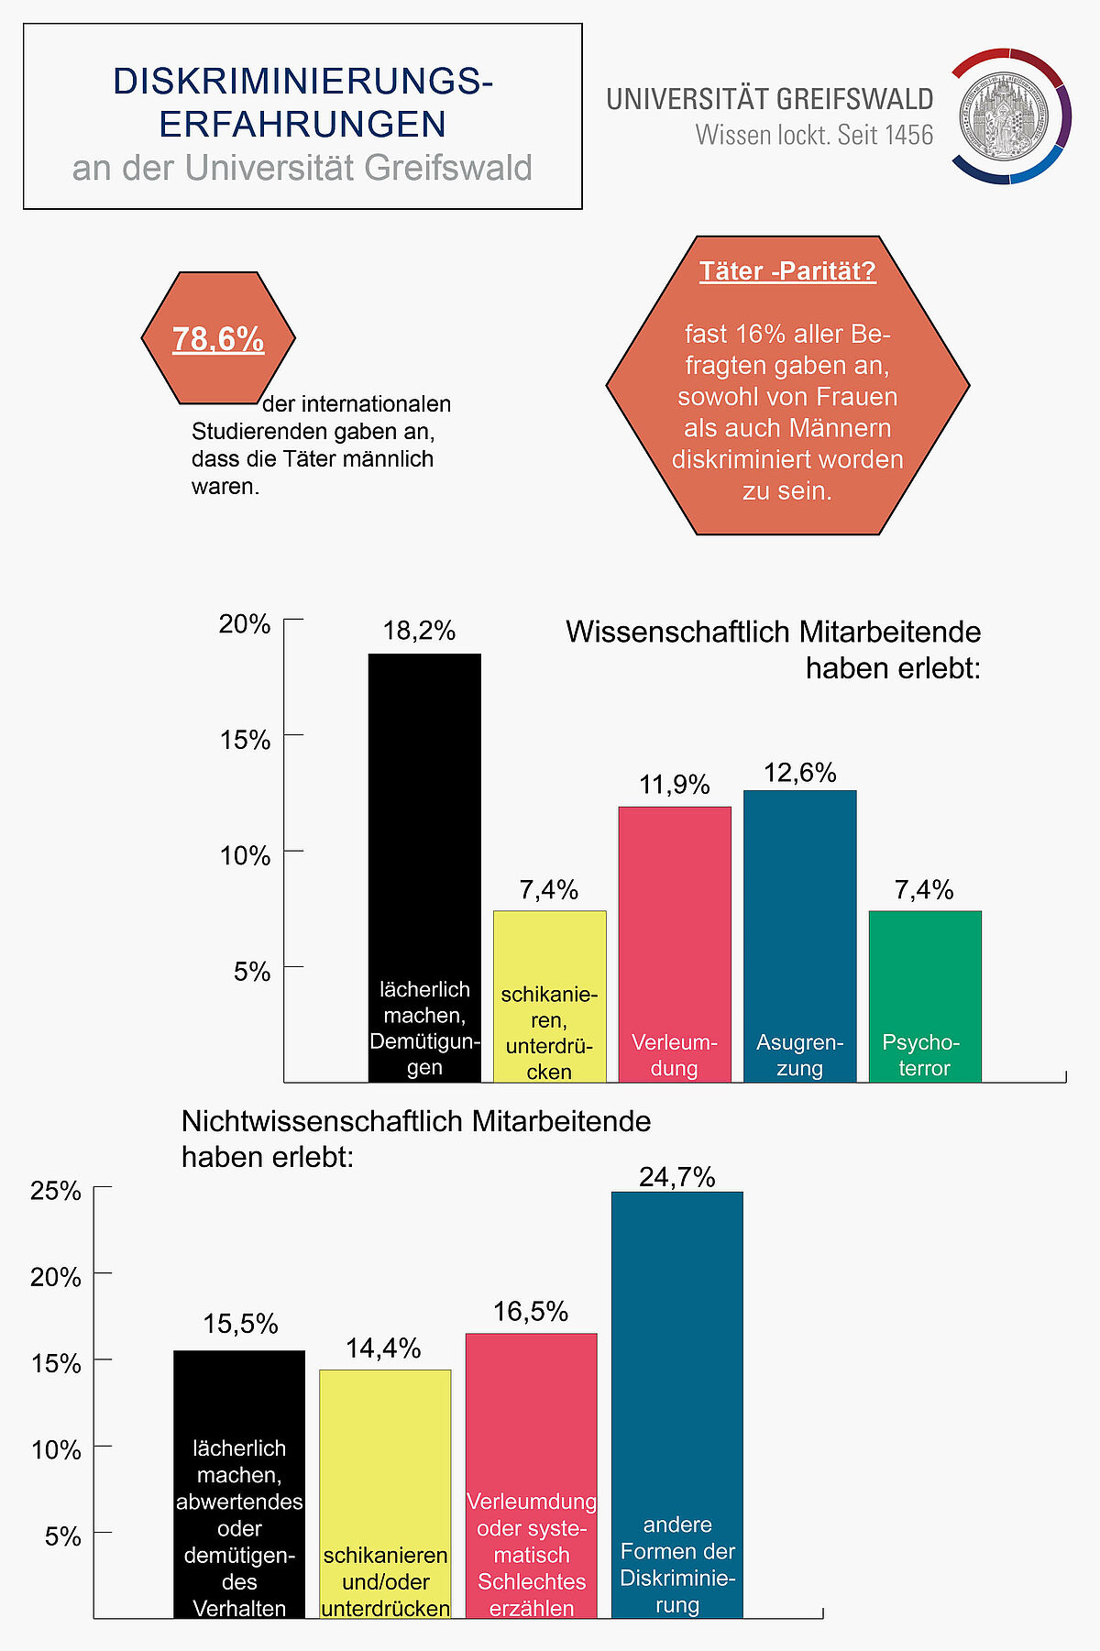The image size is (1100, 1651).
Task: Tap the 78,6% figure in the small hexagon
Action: tap(218, 339)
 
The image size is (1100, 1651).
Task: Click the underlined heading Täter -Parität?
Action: tap(787, 271)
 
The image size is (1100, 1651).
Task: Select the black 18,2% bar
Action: tap(424, 825)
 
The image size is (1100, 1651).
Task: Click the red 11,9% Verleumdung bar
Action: tap(675, 917)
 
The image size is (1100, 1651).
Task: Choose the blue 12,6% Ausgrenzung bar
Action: tap(799, 908)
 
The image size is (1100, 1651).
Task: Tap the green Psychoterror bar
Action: tap(925, 972)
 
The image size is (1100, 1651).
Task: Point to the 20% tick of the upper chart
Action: tap(245, 624)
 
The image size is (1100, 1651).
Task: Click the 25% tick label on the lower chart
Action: tap(56, 1191)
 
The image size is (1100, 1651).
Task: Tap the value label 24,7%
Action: tap(677, 1177)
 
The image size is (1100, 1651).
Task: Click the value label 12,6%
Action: tap(799, 773)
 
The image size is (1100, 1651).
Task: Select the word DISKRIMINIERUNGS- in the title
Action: tap(302, 82)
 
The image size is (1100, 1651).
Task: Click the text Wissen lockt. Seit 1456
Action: tap(814, 136)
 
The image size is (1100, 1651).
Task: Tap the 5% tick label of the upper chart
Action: tap(252, 972)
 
